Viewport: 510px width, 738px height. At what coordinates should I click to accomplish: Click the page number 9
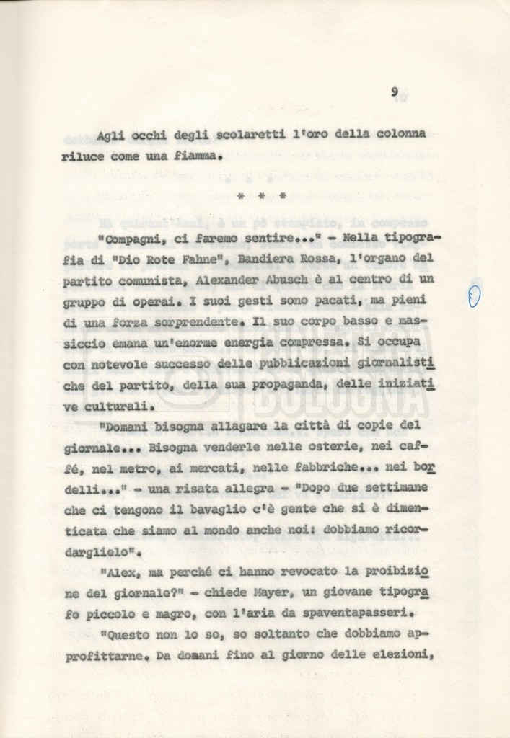point(395,92)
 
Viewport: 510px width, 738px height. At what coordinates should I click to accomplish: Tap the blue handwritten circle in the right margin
point(474,296)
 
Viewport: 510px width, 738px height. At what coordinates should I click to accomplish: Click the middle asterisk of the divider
point(262,195)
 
